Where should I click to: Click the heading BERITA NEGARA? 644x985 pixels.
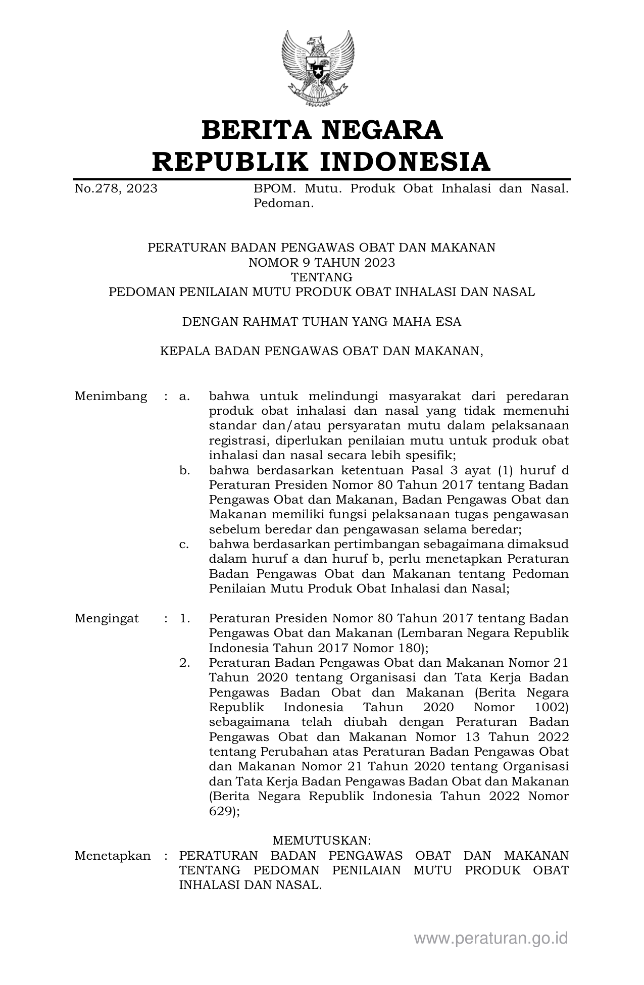click(x=322, y=130)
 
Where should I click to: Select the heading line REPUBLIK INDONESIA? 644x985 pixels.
click(x=322, y=162)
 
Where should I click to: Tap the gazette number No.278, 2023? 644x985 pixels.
click(x=116, y=189)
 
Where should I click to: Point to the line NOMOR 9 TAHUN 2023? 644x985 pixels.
click(x=322, y=263)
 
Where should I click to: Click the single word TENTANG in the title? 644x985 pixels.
click(x=322, y=277)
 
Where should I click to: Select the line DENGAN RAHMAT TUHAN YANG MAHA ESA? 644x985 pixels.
click(x=322, y=322)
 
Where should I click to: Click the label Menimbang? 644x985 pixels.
click(x=111, y=396)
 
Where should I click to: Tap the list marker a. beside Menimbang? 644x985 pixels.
click(x=184, y=396)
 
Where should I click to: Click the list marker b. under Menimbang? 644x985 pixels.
click(x=184, y=471)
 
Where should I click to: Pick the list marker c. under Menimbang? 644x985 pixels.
click(x=184, y=545)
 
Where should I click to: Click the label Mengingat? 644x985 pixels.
click(x=107, y=619)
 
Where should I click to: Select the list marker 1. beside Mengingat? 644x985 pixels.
click(x=184, y=619)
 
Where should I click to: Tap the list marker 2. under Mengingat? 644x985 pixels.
click(x=184, y=663)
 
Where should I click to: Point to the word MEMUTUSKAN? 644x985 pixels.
click(x=322, y=841)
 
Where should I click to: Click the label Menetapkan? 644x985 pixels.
click(x=113, y=856)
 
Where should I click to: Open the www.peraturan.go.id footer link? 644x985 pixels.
click(x=491, y=939)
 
